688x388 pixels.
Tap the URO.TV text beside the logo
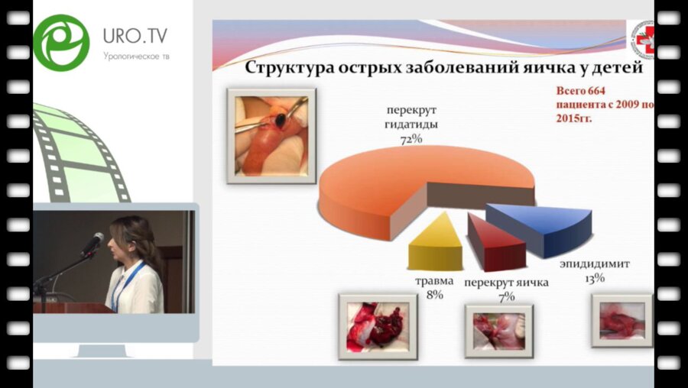tap(135, 36)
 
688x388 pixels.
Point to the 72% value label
tap(411, 140)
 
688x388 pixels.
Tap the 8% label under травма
tap(434, 295)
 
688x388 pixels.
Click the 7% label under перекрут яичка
tap(508, 295)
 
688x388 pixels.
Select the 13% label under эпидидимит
tap(594, 279)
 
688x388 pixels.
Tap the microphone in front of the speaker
tap(92, 243)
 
